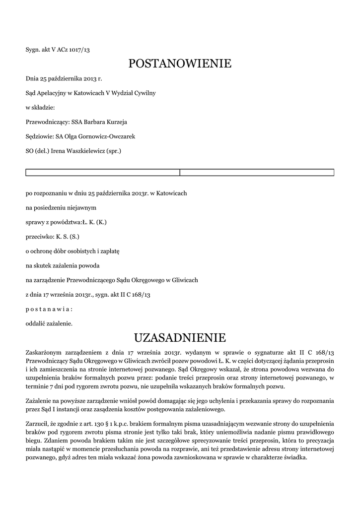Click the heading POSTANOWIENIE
180,63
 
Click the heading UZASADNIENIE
180,338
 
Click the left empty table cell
102,172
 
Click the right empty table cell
256,172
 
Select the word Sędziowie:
40,136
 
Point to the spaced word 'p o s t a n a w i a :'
49,309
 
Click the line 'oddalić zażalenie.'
49,323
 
